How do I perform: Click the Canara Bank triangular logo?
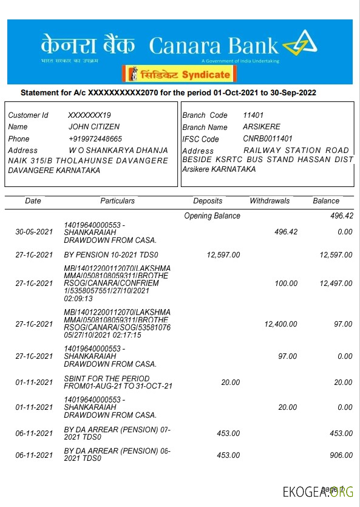click(299, 44)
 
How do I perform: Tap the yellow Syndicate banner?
click(179, 74)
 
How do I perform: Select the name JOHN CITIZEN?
click(94, 127)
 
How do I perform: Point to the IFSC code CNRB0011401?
click(268, 139)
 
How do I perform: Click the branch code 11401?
click(253, 115)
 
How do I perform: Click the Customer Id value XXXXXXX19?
click(89, 115)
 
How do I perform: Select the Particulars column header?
click(118, 201)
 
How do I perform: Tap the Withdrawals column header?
click(270, 201)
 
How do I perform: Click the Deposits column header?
click(208, 201)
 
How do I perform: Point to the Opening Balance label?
click(212, 216)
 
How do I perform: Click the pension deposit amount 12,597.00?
click(223, 255)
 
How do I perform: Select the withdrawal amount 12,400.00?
click(281, 324)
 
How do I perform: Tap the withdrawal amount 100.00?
click(286, 284)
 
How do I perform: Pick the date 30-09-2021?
click(34, 232)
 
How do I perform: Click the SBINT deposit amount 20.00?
click(231, 383)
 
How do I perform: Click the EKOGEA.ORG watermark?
click(318, 492)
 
